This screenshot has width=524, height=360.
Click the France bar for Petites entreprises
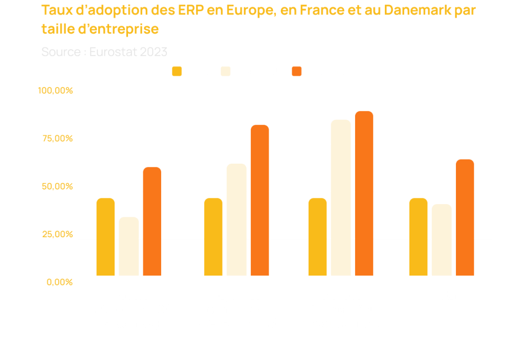click(105, 237)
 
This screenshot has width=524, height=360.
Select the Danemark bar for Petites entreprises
click(152, 221)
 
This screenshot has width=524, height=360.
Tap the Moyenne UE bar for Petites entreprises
click(129, 246)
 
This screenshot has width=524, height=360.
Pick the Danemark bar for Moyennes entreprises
click(259, 200)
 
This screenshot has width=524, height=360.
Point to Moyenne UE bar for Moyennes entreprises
click(236, 219)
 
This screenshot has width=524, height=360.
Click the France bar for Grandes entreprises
click(317, 237)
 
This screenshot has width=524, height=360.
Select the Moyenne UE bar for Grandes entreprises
click(341, 197)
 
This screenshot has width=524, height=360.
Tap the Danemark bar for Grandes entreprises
click(364, 193)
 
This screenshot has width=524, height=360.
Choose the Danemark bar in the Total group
click(465, 217)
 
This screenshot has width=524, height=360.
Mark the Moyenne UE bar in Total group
click(442, 240)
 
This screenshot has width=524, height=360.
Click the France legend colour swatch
click(177, 72)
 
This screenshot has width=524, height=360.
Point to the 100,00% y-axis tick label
click(56, 91)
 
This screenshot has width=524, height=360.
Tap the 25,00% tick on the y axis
click(57, 234)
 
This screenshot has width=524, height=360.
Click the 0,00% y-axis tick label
click(60, 282)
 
